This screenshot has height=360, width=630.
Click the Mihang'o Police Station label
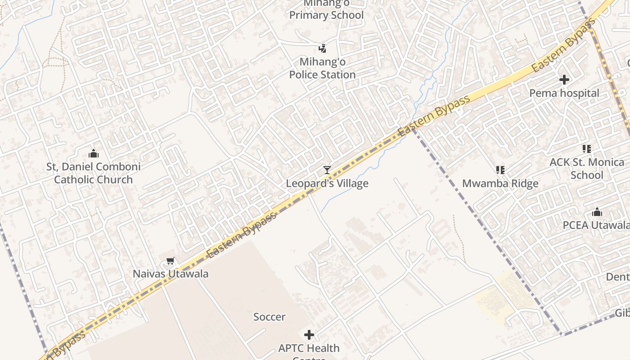pos(322,68)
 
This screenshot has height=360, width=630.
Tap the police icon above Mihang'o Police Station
pos(322,48)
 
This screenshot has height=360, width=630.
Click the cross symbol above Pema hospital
pos(564,80)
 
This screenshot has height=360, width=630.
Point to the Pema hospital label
pos(564,93)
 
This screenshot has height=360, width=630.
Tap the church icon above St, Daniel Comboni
pos(94,153)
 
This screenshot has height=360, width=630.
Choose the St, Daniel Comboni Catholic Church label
pos(94,173)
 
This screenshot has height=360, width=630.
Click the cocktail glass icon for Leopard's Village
pos(327,170)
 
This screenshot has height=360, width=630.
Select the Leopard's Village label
pos(327,183)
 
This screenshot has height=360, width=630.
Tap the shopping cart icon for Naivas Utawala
pos(170,261)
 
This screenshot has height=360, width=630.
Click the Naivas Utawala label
pos(171,274)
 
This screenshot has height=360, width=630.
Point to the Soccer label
pos(269,317)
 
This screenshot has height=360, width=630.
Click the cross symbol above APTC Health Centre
pos(309,335)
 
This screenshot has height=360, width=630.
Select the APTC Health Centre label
pos(309,348)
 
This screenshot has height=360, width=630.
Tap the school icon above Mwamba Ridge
pos(500,170)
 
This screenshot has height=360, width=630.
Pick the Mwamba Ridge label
pos(500,183)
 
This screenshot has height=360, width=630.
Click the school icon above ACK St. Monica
pos(586,149)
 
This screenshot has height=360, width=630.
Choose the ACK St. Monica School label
pos(587,168)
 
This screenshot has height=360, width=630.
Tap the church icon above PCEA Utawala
pos(597,212)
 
